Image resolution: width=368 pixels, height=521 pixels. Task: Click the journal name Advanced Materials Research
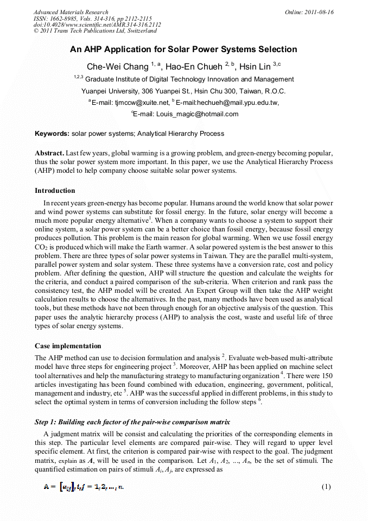[x=71, y=12]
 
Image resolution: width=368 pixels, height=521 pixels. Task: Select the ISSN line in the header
[x=92, y=18]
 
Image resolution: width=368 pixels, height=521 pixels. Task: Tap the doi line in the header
[x=97, y=25]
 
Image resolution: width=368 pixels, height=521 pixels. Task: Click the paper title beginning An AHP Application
[x=183, y=49]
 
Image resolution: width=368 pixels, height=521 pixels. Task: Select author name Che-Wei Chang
[x=118, y=67]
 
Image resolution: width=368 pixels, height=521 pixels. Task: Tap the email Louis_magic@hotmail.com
[x=197, y=114]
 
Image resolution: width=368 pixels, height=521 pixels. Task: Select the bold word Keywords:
[x=52, y=134]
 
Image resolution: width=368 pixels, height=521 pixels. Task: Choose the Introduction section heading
[x=55, y=191]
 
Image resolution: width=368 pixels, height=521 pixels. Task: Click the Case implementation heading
[x=68, y=346]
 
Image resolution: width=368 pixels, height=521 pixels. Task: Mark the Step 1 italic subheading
[x=124, y=422]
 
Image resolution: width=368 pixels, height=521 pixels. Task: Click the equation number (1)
[x=326, y=486]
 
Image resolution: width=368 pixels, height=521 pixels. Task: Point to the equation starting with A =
[x=84, y=486]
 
